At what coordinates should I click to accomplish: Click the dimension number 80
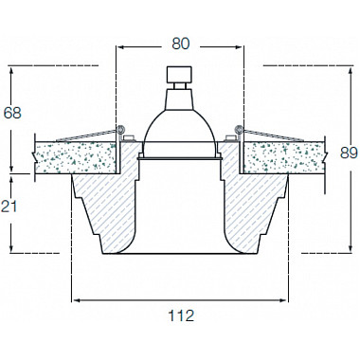(180, 44)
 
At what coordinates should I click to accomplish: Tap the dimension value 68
(12, 113)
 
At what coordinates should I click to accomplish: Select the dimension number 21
(9, 207)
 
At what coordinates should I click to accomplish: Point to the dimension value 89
(350, 153)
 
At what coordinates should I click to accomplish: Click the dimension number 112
(180, 315)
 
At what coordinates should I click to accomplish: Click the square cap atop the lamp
(179, 74)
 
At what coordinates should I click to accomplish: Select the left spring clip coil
(120, 129)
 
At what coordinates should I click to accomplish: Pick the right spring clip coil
(239, 129)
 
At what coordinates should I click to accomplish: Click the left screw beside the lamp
(129, 138)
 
